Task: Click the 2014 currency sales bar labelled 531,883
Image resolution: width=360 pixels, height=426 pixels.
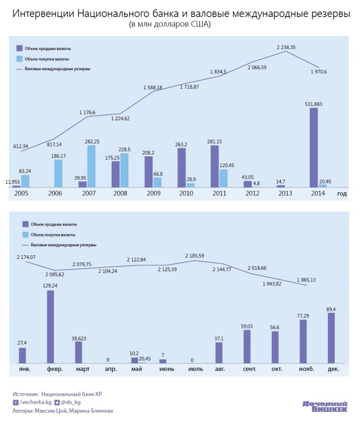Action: click(314, 147)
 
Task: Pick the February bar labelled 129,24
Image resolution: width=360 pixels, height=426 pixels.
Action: click(50, 326)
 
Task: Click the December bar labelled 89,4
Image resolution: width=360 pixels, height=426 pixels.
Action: click(331, 338)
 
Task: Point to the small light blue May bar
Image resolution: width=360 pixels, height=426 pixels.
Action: click(142, 362)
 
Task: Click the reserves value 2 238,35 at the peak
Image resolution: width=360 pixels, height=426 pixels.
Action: click(286, 47)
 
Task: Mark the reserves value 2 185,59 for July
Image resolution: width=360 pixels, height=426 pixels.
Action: click(195, 256)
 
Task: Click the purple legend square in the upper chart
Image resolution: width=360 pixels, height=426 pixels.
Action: click(19, 48)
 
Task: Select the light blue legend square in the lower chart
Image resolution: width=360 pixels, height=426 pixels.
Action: click(25, 235)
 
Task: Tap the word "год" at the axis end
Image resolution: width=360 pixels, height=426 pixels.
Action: click(343, 193)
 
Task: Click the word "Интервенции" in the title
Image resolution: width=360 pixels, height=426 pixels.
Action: click(43, 14)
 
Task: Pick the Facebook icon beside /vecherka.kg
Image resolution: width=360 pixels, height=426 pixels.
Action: click(16, 402)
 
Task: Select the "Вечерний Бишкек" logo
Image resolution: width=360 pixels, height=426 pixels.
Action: click(325, 406)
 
